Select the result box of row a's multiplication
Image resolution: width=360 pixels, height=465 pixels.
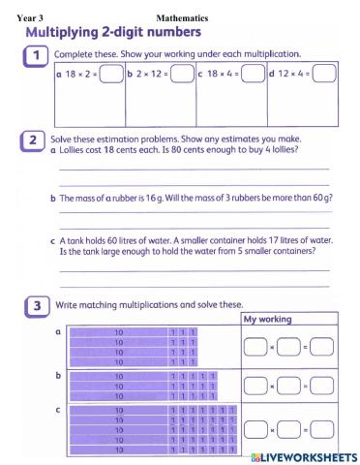coord(322,346)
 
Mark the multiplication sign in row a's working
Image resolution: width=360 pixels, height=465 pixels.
coord(272,346)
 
